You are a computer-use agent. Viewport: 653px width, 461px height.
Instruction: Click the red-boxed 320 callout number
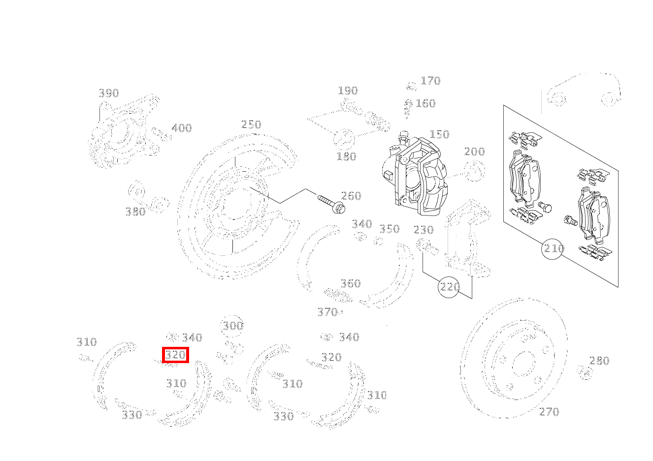pos(176,355)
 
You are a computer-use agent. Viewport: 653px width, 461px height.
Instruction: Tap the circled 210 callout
pos(553,249)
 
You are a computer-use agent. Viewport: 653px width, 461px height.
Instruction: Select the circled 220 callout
pos(449,287)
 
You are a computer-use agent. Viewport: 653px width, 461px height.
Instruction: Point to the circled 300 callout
pos(232,326)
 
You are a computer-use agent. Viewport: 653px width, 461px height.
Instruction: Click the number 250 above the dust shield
pos(251,124)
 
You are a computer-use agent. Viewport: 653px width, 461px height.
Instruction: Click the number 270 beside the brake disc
pos(549,412)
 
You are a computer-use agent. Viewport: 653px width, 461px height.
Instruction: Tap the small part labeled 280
pos(585,373)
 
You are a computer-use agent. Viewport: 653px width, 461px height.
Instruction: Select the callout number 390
pos(109,93)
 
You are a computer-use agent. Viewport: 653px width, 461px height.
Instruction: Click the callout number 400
pos(181,128)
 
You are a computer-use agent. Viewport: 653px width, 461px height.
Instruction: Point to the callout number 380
pos(135,212)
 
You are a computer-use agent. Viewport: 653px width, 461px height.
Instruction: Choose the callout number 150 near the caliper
pos(439,134)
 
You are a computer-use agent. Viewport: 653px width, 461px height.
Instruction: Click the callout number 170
pos(430,81)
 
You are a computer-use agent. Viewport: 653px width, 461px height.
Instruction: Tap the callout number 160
pos(425,103)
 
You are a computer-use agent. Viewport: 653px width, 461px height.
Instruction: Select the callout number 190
pos(348,91)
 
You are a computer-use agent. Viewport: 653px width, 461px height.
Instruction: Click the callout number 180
pos(346,156)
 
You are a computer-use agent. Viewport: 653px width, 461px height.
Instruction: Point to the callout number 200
pos(474,152)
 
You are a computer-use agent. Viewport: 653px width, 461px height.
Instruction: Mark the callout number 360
pos(351,283)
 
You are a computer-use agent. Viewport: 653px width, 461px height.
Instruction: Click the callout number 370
pos(327,312)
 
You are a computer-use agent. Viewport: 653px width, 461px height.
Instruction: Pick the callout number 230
pos(424,230)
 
